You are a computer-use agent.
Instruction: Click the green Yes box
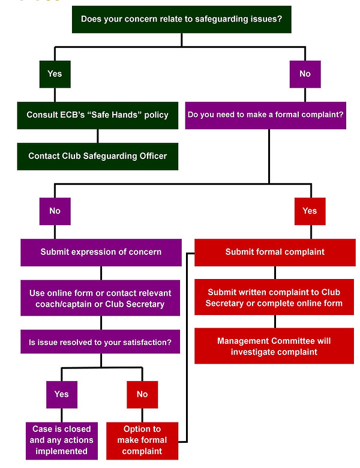click(x=55, y=74)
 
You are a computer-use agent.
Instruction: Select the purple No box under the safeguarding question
click(x=305, y=74)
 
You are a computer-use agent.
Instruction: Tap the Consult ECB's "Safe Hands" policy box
click(x=97, y=115)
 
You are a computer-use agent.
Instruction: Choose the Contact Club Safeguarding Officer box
click(x=97, y=156)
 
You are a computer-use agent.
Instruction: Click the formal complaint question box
click(x=266, y=115)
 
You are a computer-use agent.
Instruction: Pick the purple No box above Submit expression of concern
click(x=55, y=211)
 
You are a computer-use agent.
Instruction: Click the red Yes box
click(x=310, y=211)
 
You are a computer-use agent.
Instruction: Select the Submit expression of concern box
click(x=101, y=252)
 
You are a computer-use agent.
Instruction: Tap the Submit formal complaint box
click(x=275, y=252)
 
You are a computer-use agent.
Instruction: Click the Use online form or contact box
click(x=101, y=298)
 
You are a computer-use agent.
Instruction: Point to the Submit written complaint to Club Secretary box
click(x=274, y=298)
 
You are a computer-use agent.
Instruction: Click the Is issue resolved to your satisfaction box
click(x=101, y=343)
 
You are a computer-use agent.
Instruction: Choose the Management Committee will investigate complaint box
click(x=274, y=346)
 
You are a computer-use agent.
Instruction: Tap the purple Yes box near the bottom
click(x=62, y=394)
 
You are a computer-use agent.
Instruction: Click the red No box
click(x=142, y=394)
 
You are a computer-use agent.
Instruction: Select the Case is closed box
click(x=62, y=440)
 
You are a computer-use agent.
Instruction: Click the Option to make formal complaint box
click(x=142, y=440)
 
